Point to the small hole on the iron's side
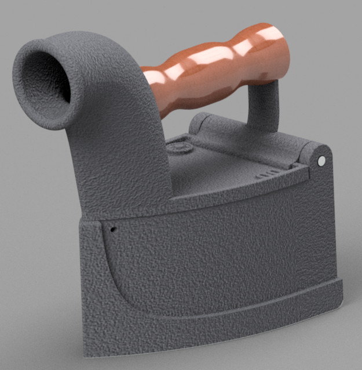pos(112,229)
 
